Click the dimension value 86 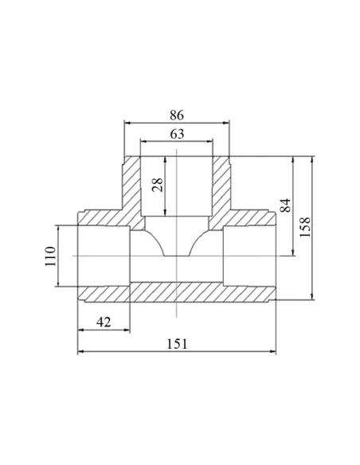click(177, 115)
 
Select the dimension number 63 click(177, 134)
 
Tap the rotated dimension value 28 click(158, 185)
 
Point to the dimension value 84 click(286, 205)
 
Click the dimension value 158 click(305, 227)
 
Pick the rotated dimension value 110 click(50, 256)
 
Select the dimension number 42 click(104, 322)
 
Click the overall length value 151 click(177, 344)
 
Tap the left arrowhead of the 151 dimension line click(80, 351)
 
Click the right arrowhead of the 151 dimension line click(273, 351)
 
